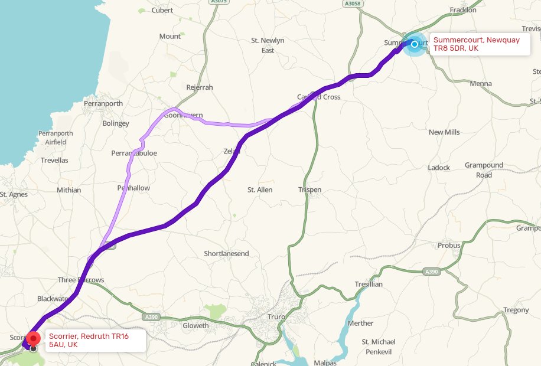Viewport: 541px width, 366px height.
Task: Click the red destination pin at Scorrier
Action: [34, 338]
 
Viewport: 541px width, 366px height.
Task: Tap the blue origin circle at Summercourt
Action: [415, 44]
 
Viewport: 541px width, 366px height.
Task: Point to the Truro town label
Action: [277, 317]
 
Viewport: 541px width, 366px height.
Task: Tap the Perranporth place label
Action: [103, 103]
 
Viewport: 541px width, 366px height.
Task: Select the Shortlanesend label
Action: [226, 253]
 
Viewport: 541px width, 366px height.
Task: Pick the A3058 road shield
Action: [352, 4]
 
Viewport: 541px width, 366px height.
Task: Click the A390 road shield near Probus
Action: [432, 272]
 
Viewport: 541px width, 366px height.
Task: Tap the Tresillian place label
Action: [369, 284]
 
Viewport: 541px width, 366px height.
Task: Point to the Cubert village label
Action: [162, 10]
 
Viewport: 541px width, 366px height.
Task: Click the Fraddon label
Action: [462, 10]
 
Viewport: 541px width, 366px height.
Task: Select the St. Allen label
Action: [260, 189]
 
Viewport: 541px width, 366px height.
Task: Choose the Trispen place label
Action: [309, 189]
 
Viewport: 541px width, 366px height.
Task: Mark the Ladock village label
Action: [439, 168]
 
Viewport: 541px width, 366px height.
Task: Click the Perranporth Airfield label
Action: [55, 138]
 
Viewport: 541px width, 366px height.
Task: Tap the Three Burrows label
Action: [81, 280]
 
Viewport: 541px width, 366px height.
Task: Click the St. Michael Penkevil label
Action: [379, 346]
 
